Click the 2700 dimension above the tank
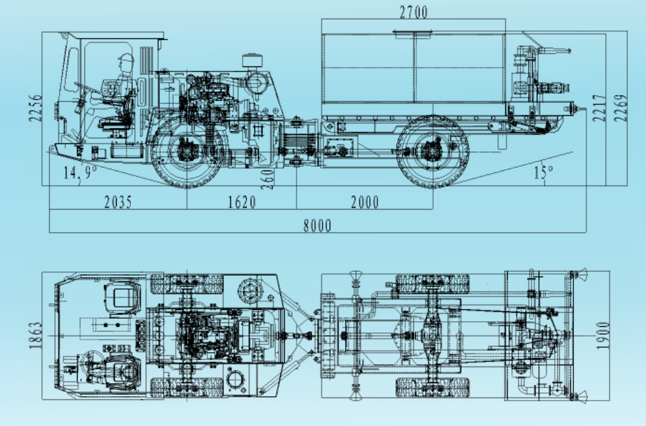413,12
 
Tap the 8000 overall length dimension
317,225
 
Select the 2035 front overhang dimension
118,202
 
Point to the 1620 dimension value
241,202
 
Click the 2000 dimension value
364,202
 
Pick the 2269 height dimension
621,109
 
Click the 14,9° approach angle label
80,173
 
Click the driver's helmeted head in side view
126,63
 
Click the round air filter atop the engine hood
253,61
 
